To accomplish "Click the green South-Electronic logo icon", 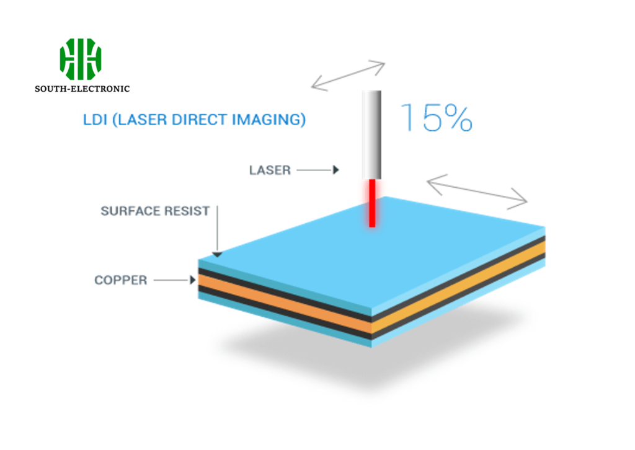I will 81,59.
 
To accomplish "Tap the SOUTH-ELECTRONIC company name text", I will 82,89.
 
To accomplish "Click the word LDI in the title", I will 94,119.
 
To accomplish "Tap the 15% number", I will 437,117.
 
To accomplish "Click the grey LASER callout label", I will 270,170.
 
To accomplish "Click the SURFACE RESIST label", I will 155,211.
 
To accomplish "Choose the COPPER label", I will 121,281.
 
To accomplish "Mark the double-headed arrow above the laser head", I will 348,75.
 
